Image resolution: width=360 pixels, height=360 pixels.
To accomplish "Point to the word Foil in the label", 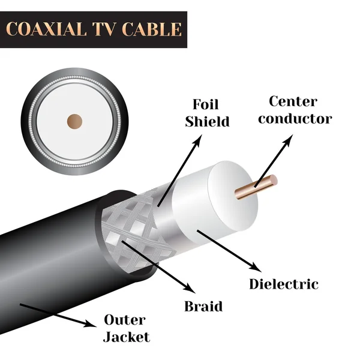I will click(207, 103).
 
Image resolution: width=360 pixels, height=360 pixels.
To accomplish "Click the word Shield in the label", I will click(207, 121).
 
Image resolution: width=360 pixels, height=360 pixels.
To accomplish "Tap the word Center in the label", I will click(293, 101).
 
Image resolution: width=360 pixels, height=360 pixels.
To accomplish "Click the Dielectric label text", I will click(284, 283).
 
